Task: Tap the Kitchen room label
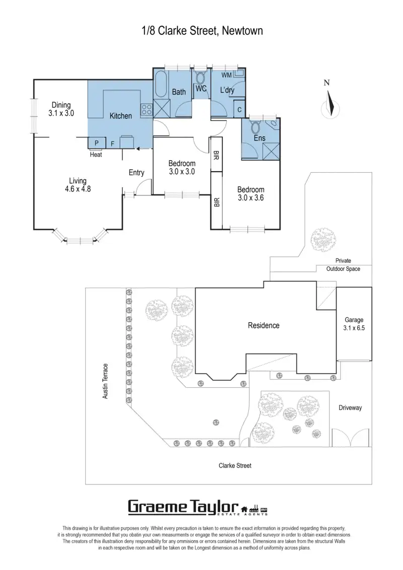coord(121,116)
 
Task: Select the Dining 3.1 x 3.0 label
coord(61,109)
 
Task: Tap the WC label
coord(201,89)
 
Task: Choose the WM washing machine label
coord(227,75)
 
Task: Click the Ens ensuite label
coord(259,137)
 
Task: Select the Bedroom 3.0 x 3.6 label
coord(251,194)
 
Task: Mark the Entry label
coord(137,173)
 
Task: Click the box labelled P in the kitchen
coord(97,143)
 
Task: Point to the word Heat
coord(96,155)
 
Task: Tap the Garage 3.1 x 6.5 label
coord(354,324)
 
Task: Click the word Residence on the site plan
coord(263,325)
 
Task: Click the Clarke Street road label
coord(235,466)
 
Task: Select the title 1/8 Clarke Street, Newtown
coord(201,31)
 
